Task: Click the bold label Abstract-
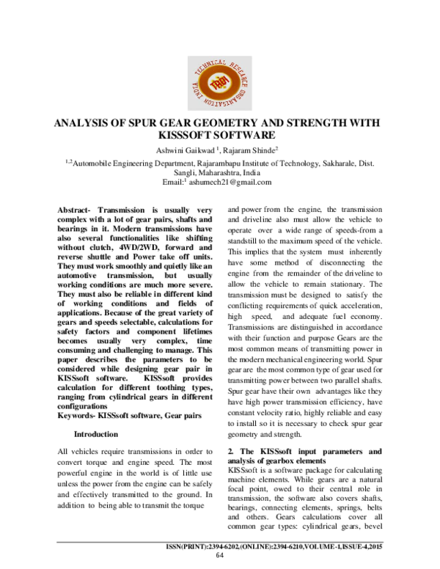(x=76, y=210)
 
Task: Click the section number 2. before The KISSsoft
(x=232, y=450)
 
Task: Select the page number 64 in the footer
(x=219, y=555)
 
